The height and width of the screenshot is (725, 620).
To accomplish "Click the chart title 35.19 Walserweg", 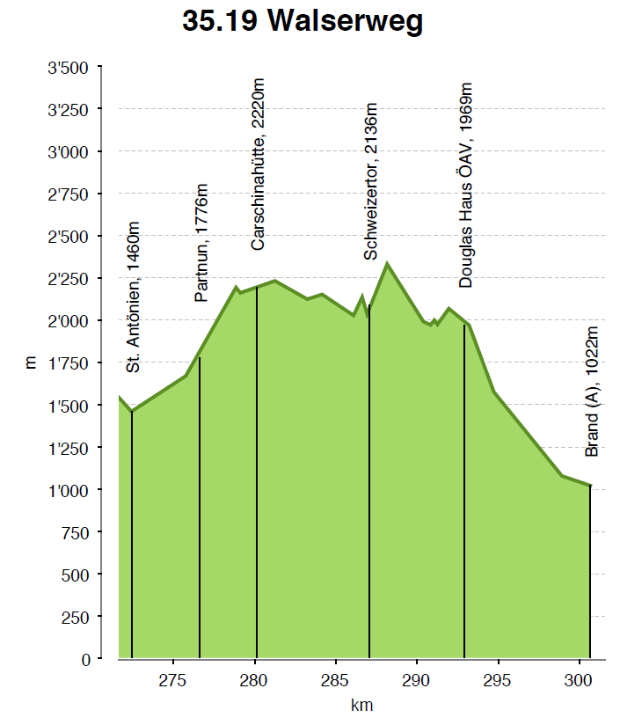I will click(303, 21).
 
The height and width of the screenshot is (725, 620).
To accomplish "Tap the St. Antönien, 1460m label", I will click(134, 303).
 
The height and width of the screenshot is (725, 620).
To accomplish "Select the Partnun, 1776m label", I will click(202, 243).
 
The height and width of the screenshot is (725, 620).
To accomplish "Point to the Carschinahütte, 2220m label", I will click(258, 165).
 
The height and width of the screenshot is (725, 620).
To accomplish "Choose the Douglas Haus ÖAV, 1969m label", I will click(466, 185).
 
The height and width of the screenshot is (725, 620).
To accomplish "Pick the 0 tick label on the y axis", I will click(85, 659).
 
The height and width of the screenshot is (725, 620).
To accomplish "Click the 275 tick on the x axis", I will click(173, 678).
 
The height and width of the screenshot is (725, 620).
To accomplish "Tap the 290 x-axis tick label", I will click(417, 678).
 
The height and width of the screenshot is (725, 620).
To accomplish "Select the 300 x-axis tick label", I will click(580, 678).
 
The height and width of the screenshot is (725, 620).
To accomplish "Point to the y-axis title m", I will click(30, 362).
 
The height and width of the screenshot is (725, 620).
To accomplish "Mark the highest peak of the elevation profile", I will click(387, 263).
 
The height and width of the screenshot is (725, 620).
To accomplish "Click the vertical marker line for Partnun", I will click(200, 510).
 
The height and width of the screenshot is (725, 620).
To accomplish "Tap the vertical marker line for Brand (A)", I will click(590, 572).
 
